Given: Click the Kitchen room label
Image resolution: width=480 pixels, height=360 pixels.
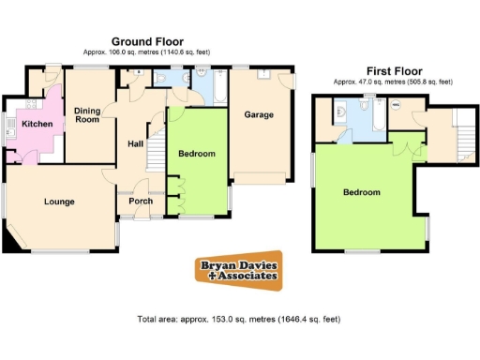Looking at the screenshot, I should [x=37, y=124].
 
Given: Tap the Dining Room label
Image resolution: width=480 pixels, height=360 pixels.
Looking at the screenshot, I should [x=87, y=114].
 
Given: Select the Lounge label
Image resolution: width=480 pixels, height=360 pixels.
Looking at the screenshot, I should [x=58, y=202].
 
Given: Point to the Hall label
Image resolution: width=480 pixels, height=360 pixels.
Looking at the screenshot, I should [x=134, y=143].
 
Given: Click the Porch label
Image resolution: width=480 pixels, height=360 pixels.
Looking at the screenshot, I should [x=141, y=201].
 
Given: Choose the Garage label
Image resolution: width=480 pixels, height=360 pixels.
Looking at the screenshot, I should [x=259, y=115].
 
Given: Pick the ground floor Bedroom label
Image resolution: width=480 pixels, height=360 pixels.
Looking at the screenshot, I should [x=197, y=154].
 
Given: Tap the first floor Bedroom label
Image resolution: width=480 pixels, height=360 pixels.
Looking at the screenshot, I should [x=361, y=192].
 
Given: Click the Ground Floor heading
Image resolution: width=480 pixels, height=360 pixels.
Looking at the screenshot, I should [x=146, y=41].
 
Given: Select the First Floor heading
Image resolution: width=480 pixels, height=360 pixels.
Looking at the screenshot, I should [x=393, y=70].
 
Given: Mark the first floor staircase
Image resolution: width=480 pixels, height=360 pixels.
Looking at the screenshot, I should [x=460, y=131].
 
